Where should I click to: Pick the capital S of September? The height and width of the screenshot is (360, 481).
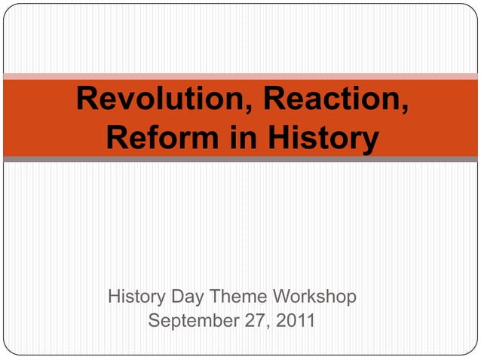point(155,322)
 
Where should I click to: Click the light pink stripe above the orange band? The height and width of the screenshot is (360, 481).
point(240,76)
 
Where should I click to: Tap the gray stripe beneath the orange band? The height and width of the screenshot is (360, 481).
point(240,160)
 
